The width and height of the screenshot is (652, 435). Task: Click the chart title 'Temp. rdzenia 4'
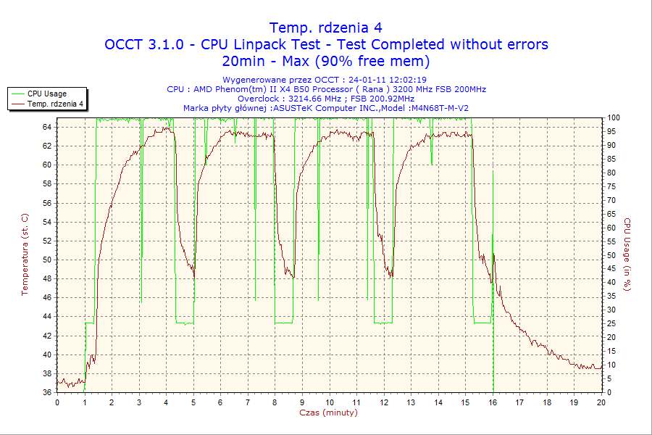(326, 28)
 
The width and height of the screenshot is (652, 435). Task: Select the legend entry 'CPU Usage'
(47, 94)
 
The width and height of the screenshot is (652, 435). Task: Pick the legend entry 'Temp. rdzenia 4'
(55, 104)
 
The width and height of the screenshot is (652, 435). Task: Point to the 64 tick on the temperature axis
(47, 127)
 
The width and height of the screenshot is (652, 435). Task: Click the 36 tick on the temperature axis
(47, 392)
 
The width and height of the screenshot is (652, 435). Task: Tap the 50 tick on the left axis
(47, 260)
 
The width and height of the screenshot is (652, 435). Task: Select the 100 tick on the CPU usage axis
(613, 117)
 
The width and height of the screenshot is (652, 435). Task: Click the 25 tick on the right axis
(611, 323)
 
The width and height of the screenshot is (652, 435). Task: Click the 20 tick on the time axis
(601, 402)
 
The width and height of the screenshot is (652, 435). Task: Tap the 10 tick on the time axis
(329, 402)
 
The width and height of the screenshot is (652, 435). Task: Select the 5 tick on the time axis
(193, 402)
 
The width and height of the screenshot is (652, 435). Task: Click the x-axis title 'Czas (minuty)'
(328, 413)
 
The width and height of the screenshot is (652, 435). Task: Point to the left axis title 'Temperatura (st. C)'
(25, 254)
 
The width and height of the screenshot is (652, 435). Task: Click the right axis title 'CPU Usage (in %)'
(627, 254)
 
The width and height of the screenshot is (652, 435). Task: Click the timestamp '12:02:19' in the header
(407, 80)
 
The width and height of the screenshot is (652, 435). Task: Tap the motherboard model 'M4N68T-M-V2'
(439, 108)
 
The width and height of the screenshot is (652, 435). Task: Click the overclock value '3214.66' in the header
(303, 99)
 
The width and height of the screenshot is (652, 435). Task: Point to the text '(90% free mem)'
(377, 61)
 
